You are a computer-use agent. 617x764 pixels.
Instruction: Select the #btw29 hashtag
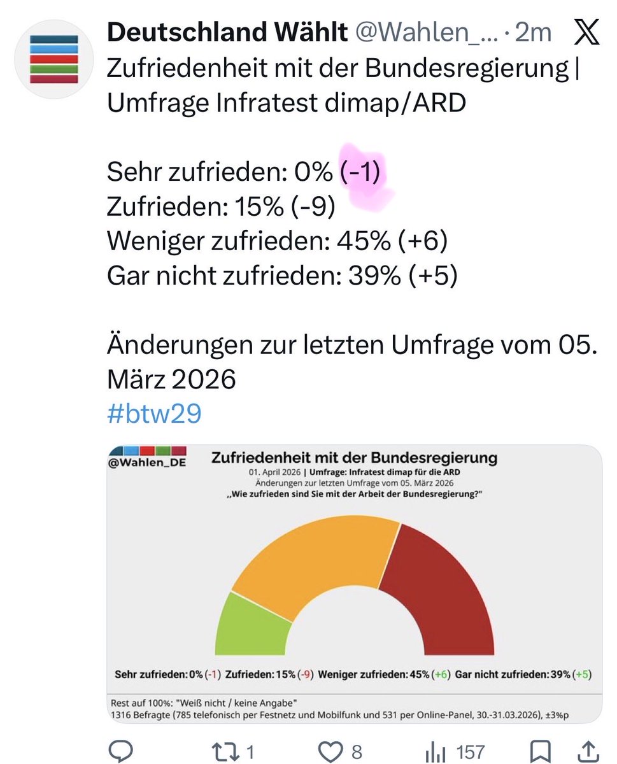coord(155,414)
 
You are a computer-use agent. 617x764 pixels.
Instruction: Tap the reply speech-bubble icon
coord(120,752)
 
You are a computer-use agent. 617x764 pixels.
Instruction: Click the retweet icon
coord(227,752)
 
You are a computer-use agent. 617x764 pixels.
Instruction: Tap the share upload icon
coord(589,752)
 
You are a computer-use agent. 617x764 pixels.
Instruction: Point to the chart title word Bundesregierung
coord(433,458)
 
